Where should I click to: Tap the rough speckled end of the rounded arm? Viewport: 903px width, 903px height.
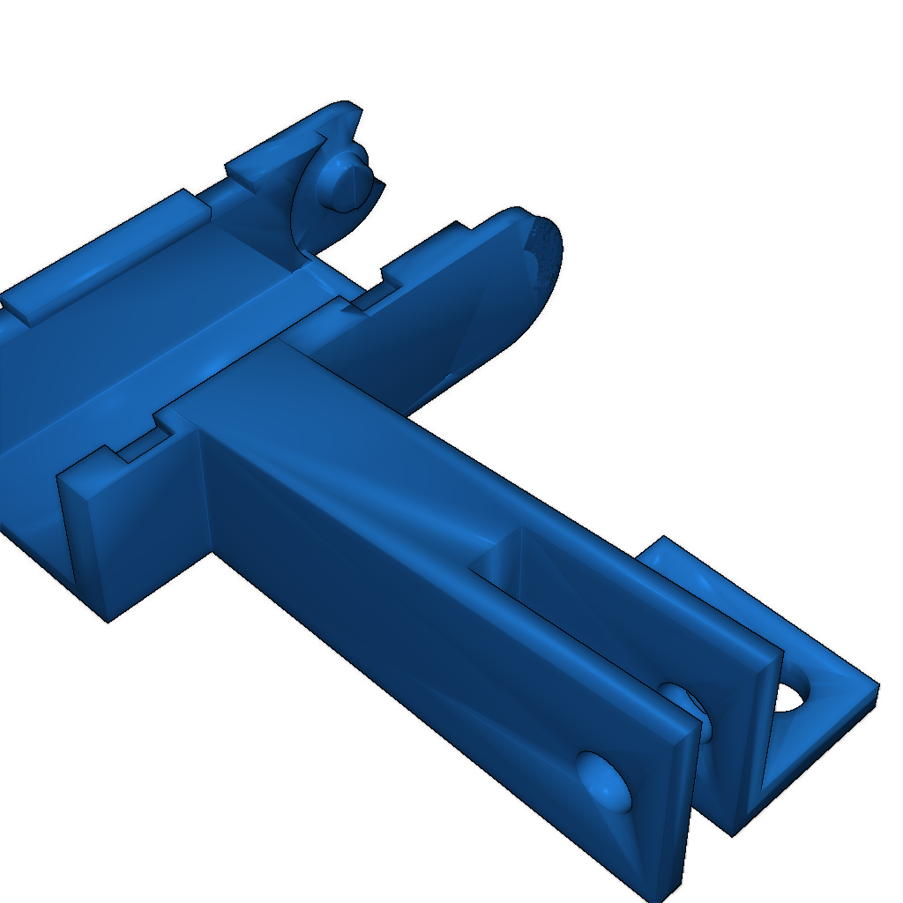(x=545, y=250)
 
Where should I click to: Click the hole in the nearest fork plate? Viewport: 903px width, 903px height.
(x=605, y=780)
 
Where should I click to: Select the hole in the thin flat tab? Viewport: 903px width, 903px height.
(x=792, y=697)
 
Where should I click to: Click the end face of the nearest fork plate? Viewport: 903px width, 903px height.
(x=674, y=811)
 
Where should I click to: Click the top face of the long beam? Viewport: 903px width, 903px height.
(x=353, y=414)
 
